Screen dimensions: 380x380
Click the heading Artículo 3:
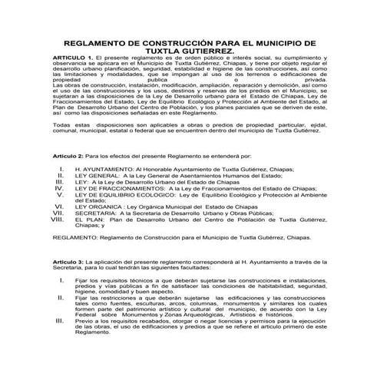point(70,263)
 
